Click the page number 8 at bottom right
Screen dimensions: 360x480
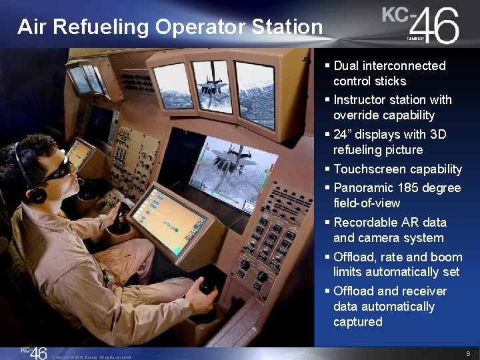(469, 353)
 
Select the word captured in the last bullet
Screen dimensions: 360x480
(358, 322)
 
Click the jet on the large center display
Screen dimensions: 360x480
(229, 164)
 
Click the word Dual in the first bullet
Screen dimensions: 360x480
(347, 66)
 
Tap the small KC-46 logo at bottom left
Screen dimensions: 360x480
(33, 352)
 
